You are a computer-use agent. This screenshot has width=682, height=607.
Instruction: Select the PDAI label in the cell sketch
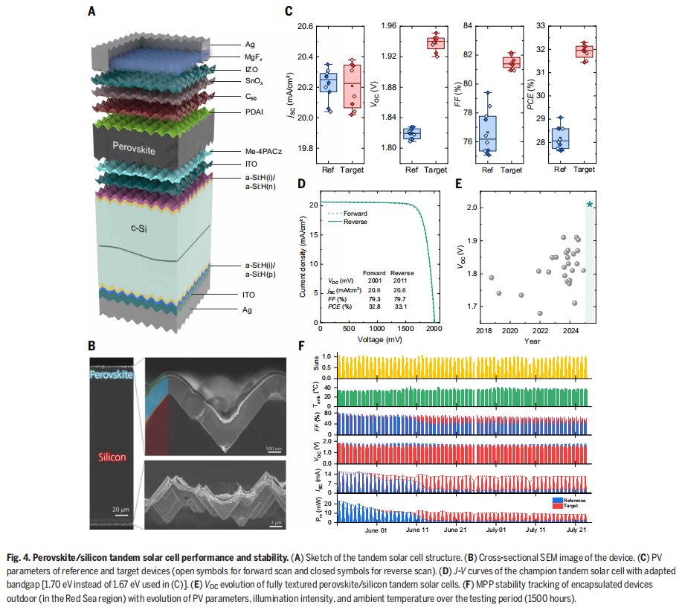click(254, 112)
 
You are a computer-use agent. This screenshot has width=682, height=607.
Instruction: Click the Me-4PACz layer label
click(260, 152)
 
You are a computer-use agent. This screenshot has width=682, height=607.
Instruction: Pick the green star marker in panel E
click(590, 204)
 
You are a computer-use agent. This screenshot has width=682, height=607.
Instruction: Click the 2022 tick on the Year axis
click(540, 330)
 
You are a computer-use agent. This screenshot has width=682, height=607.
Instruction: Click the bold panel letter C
click(289, 11)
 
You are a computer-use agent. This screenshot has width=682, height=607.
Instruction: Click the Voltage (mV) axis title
click(376, 339)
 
